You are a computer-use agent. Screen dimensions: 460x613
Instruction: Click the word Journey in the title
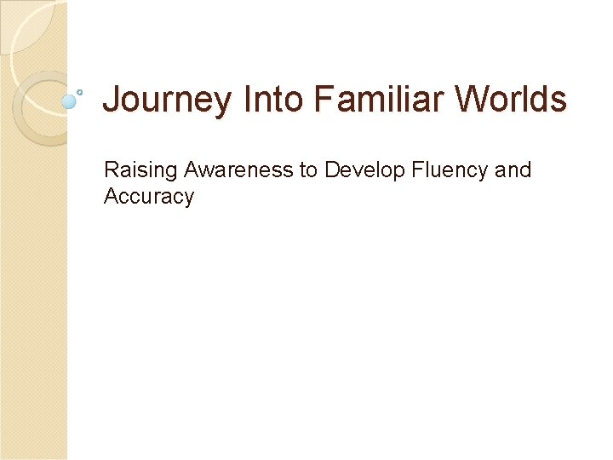[x=166, y=101]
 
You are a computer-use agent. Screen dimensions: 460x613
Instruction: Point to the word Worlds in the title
[x=510, y=100]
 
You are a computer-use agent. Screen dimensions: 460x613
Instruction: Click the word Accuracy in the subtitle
[x=149, y=197]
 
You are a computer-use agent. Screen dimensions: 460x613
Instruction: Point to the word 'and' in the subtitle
[x=513, y=170]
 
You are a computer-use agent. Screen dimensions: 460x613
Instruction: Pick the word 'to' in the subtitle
[x=308, y=170]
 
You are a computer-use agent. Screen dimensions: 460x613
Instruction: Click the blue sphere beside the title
[x=70, y=101]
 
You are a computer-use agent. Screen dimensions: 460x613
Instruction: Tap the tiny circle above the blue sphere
[x=79, y=90]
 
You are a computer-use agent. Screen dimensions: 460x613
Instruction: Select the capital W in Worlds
[x=470, y=100]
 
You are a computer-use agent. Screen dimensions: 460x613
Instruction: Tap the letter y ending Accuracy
[x=189, y=198]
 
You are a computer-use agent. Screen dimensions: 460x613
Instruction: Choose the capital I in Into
[x=247, y=100]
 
